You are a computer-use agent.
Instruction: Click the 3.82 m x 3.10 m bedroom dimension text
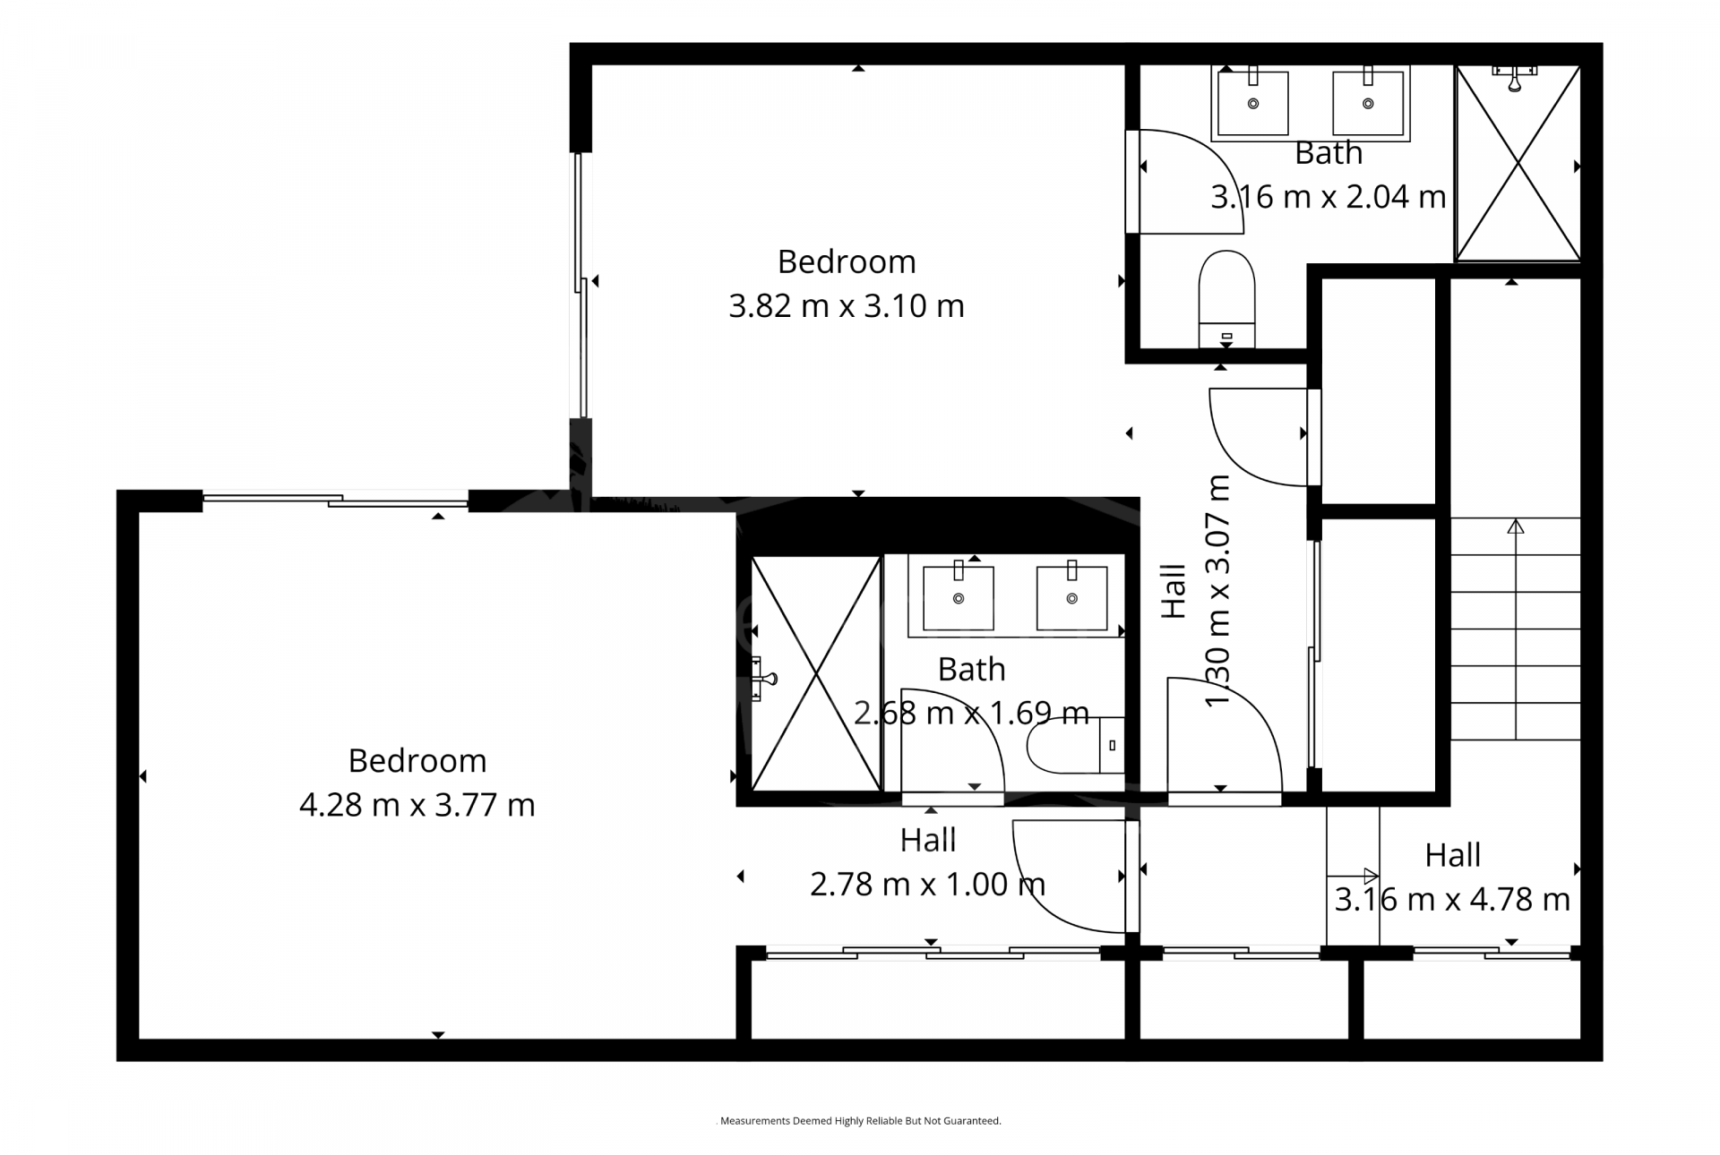coord(847,306)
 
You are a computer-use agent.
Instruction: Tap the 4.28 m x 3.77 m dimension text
coord(417,805)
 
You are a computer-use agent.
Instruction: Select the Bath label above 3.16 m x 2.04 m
coord(1329,153)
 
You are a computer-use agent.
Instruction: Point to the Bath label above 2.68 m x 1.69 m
coord(971,670)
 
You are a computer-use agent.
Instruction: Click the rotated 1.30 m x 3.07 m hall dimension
coord(1218,591)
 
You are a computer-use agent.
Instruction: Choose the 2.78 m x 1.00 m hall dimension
coord(928,885)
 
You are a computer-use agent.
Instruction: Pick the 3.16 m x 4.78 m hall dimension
coord(1452,900)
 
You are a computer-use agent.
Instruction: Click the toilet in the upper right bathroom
coord(1226,299)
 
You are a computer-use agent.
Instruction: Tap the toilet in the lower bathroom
coord(1075,745)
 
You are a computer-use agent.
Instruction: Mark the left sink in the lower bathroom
coord(959,596)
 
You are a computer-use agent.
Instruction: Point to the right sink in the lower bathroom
coord(1071,596)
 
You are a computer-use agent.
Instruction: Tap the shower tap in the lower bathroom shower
coord(762,679)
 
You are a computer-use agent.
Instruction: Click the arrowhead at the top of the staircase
coord(1516,526)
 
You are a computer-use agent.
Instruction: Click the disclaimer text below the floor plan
coord(861,1120)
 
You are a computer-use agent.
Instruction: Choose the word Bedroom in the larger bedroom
coord(417,761)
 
